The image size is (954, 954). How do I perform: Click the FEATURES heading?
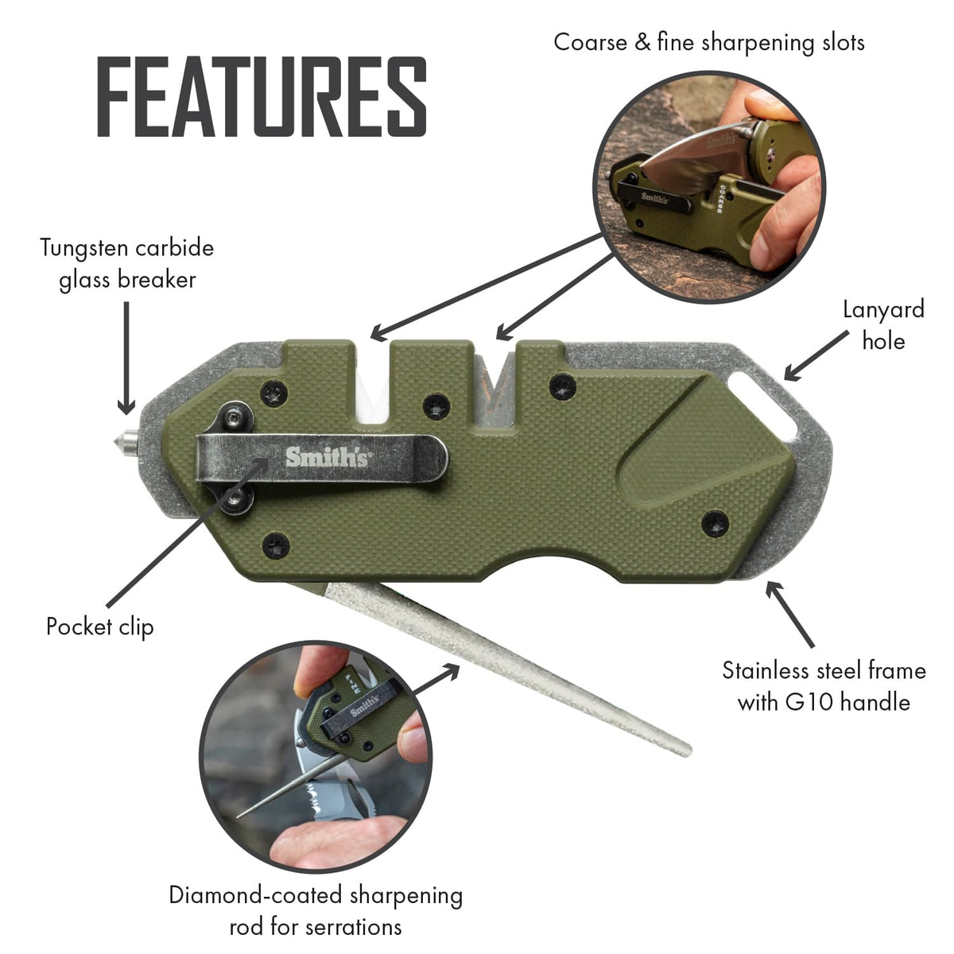(262, 96)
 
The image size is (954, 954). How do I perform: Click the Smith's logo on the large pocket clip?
(327, 457)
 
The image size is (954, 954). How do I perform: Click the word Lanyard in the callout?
(883, 310)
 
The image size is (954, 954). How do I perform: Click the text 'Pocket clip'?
(100, 626)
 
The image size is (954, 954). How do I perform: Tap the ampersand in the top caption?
(642, 42)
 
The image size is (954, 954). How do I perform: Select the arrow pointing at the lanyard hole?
(816, 356)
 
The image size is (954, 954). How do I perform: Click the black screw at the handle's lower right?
(715, 524)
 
